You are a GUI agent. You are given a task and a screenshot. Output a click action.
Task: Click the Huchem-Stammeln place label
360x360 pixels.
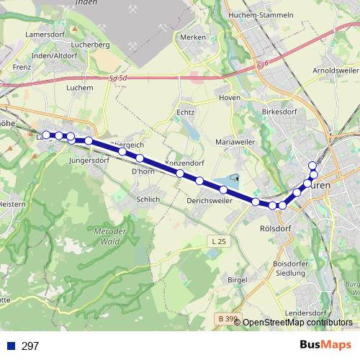(261, 14)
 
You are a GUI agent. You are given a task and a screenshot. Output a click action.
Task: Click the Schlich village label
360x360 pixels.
(148, 199)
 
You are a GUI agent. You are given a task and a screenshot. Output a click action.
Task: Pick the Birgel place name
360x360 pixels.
(237, 279)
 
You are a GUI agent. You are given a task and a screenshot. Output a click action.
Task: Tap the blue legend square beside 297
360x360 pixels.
(10, 346)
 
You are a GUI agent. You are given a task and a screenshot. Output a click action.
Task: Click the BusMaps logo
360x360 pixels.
(325, 346)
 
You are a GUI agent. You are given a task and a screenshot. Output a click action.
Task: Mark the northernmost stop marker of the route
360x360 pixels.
(312, 166)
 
